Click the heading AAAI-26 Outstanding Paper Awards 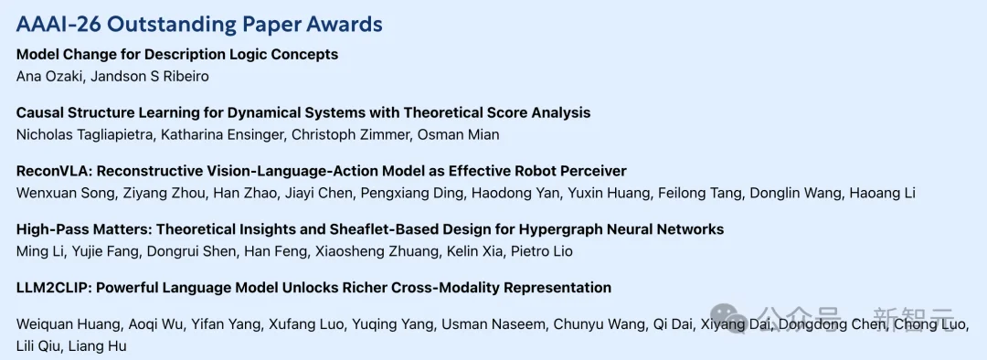click(199, 24)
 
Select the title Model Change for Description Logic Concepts click(177, 55)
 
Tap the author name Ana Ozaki click(44, 77)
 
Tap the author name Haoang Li click(882, 193)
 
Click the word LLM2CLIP click(46, 288)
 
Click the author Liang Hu click(97, 346)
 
